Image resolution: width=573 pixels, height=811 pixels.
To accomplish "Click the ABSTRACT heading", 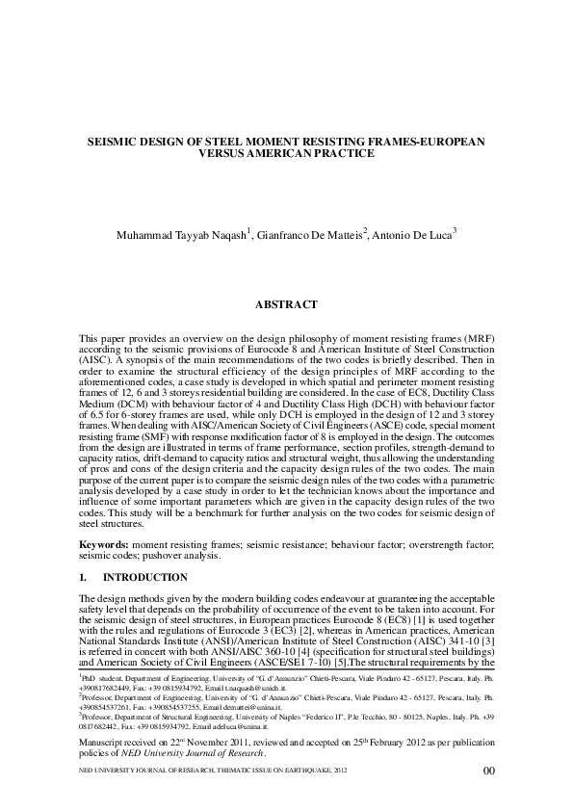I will tap(286, 304).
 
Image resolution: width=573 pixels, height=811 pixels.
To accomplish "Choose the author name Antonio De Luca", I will tap(413, 234).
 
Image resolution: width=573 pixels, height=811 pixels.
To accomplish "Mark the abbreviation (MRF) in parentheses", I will tap(476, 342).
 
